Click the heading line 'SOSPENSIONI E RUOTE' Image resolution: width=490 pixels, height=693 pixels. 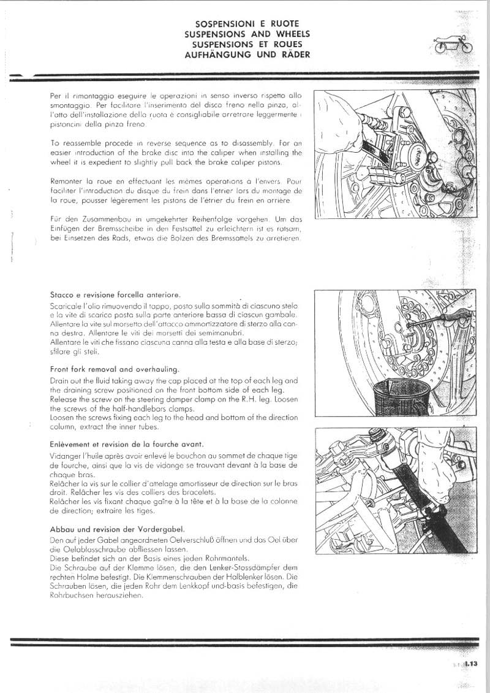[x=247, y=25]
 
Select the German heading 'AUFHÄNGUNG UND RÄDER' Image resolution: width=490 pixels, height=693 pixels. [x=247, y=55]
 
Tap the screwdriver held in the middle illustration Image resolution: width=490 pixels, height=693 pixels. [x=441, y=319]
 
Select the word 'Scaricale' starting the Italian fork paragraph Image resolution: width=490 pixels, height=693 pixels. [x=67, y=305]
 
